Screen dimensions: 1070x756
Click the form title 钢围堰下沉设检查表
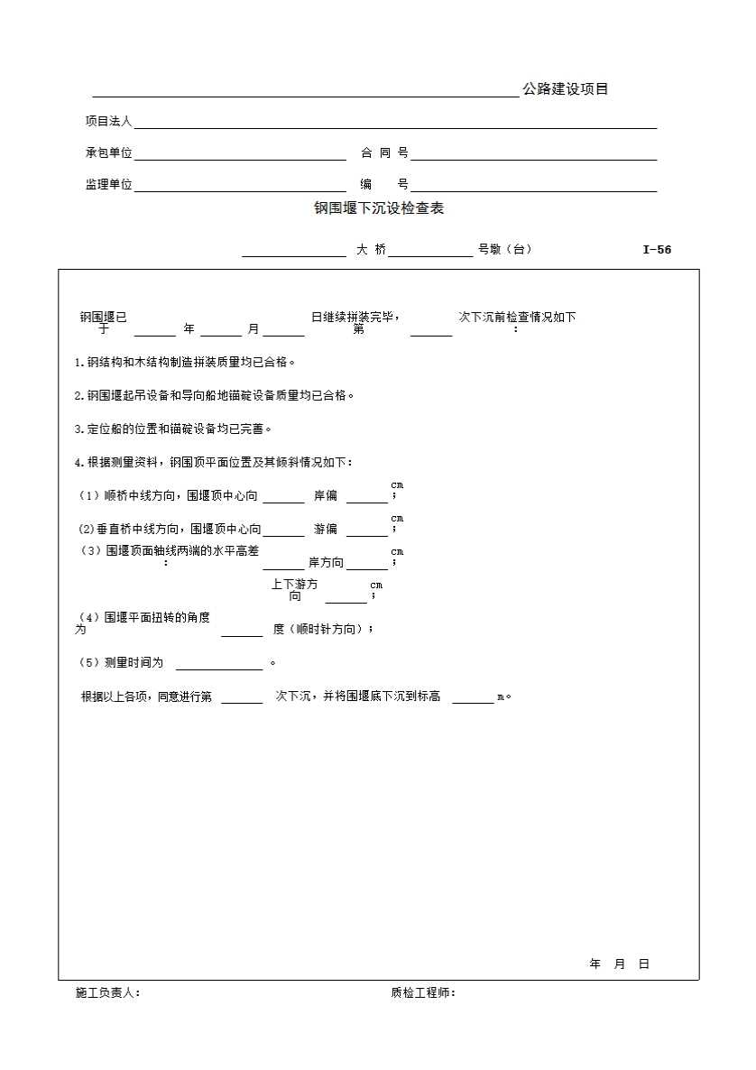(x=379, y=208)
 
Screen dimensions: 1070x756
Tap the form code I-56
(x=657, y=250)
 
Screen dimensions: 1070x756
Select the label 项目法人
(x=108, y=121)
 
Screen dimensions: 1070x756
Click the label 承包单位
(x=108, y=153)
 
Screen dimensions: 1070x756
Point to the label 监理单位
(x=108, y=184)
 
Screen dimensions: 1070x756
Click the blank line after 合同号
(x=534, y=154)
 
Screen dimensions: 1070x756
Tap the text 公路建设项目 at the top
(x=566, y=88)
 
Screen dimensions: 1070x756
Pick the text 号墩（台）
(x=504, y=250)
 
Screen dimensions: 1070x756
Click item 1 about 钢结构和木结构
(x=185, y=363)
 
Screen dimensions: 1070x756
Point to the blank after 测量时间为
(x=218, y=664)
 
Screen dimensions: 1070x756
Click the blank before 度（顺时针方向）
(x=242, y=631)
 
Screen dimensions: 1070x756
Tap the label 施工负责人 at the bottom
(x=107, y=992)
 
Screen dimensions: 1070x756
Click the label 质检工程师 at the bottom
(x=423, y=992)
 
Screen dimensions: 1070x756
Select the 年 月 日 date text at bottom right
(x=619, y=964)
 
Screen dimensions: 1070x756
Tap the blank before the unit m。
(x=473, y=697)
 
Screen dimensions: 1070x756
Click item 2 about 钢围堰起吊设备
(x=215, y=395)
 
